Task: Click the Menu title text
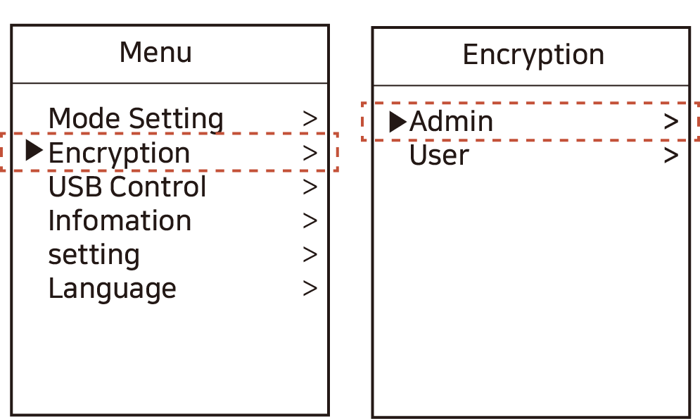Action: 155,53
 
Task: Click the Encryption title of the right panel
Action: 533,55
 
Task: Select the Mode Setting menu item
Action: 136,118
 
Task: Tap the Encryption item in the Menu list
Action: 119,153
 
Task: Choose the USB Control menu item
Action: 127,187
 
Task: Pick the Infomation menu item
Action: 120,220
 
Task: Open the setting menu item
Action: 94,255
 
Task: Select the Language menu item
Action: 112,289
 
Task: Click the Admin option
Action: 451,122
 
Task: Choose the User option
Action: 439,156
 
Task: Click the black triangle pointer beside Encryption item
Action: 34,151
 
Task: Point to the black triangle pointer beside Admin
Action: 397,122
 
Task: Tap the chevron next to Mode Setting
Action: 310,118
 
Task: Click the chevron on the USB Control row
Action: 310,187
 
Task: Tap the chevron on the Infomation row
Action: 310,220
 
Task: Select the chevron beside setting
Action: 310,255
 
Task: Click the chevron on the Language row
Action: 310,289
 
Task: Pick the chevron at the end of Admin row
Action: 671,122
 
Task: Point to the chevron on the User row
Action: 671,156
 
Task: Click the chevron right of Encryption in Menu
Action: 310,153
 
